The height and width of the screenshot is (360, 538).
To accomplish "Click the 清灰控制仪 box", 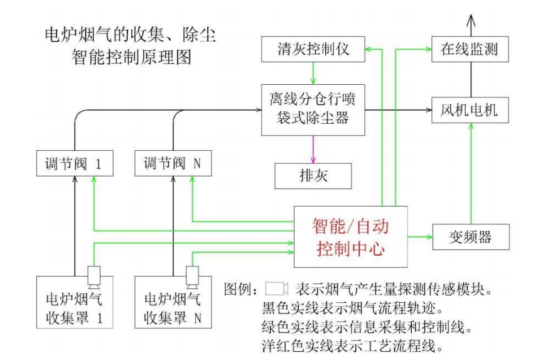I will coord(312,50).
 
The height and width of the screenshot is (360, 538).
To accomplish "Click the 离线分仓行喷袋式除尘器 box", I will coord(312,111).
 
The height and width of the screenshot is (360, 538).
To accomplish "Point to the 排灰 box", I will coord(312,177).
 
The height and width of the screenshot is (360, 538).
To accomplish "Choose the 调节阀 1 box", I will coord(73,165).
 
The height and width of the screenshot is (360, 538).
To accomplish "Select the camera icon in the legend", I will coord(277,290).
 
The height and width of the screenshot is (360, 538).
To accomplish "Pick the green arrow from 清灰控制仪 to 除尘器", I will coord(312,74).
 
